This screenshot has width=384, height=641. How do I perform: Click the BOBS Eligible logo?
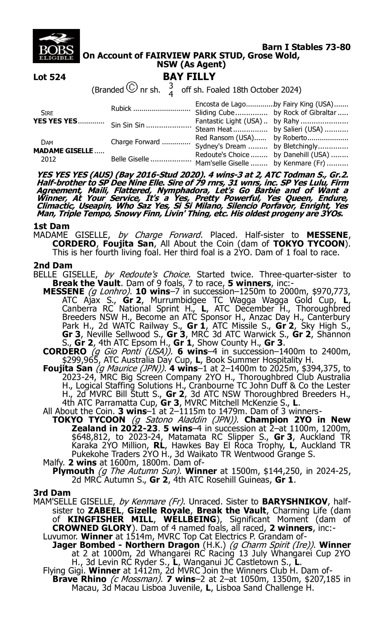point(56,46)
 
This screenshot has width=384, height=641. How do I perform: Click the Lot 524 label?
point(49,77)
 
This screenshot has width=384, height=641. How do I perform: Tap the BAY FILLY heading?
point(189,76)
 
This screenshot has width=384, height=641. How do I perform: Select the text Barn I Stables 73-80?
point(306,47)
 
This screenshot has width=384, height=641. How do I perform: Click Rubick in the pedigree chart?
point(121,108)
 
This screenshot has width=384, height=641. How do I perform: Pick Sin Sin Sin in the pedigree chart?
point(127,125)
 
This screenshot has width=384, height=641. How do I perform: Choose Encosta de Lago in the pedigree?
point(220,104)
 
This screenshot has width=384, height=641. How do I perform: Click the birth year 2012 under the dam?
point(48,159)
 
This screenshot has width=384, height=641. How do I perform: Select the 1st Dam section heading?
point(51,226)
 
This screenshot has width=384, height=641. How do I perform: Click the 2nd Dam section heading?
point(52,265)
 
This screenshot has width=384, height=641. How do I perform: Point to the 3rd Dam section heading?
point(52,493)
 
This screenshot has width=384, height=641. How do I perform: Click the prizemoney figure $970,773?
point(331,292)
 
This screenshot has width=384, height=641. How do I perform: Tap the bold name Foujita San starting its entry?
point(68,368)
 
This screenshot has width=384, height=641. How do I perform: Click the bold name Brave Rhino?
point(79,579)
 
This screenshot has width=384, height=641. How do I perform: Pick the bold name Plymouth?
point(73,471)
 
